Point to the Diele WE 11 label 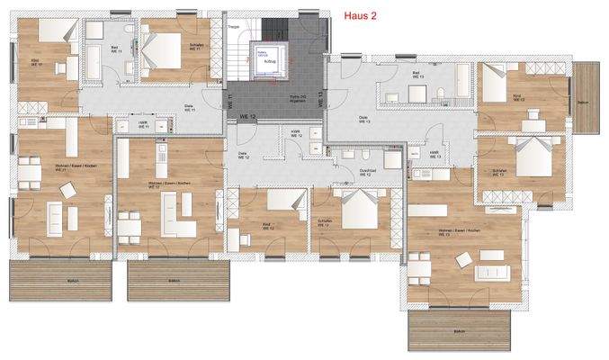tap(189, 105)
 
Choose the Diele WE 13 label tap(364, 120)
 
